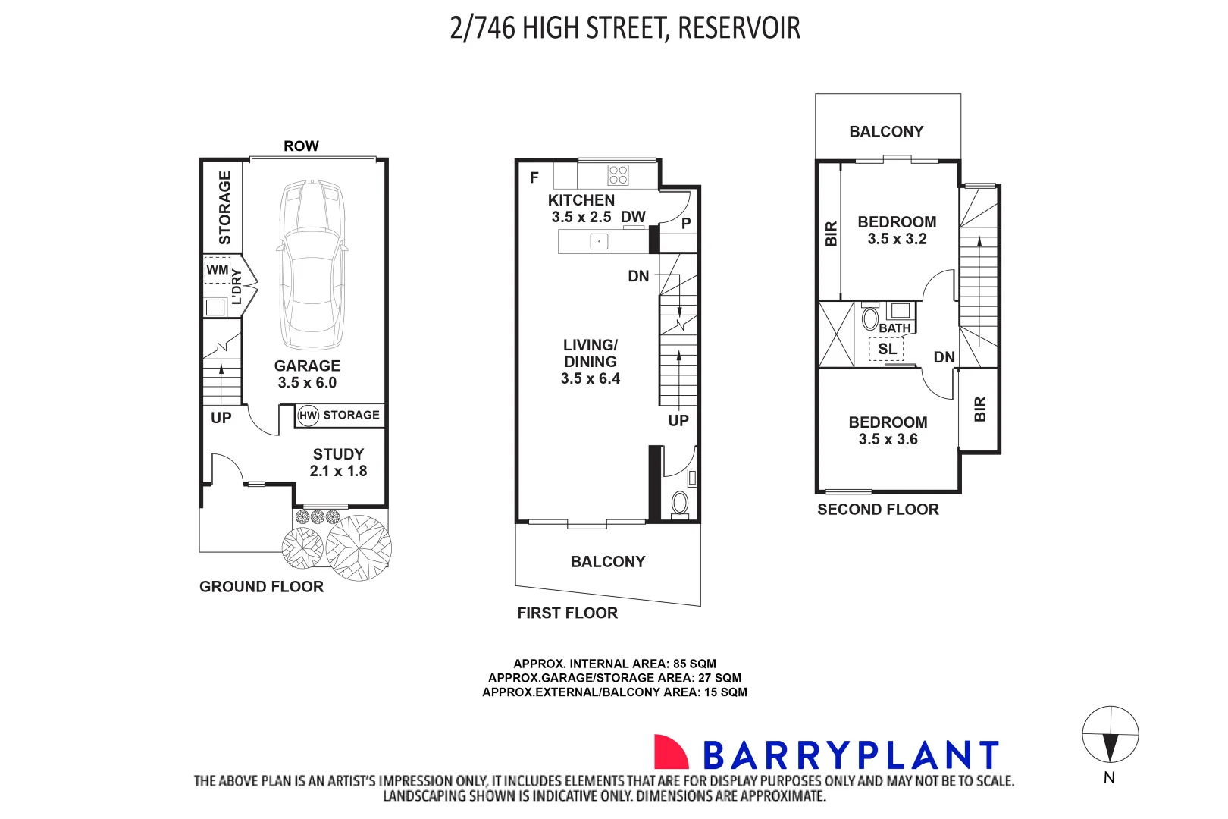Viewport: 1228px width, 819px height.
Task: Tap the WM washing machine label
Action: (x=217, y=270)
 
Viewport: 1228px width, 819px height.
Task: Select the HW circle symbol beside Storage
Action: (x=308, y=416)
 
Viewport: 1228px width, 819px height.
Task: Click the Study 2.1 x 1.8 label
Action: (x=338, y=463)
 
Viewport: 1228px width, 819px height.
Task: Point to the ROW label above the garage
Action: (x=301, y=146)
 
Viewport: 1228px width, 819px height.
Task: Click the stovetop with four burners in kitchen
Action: (x=618, y=175)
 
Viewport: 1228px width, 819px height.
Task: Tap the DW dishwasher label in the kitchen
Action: (x=633, y=217)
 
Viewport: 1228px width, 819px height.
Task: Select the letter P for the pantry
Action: (x=686, y=224)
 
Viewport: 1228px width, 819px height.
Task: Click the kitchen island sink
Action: (x=599, y=242)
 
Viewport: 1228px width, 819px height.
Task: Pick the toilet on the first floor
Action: (x=680, y=503)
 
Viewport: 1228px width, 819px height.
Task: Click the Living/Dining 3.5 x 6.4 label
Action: (x=590, y=362)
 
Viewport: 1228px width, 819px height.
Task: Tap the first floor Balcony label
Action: (x=608, y=562)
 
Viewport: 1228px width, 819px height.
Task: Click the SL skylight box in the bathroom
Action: (x=887, y=350)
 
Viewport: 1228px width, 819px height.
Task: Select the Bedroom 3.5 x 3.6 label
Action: (x=888, y=431)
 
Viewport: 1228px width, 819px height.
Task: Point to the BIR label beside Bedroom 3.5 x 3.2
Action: (x=831, y=234)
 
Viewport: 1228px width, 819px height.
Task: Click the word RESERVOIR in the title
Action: (x=738, y=28)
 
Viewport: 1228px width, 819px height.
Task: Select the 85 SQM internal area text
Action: (x=694, y=664)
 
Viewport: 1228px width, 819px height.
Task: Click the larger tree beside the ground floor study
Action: (x=359, y=548)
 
